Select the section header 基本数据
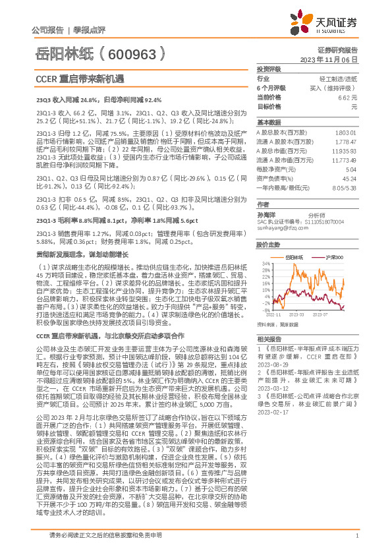pyautogui.click(x=268, y=123)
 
